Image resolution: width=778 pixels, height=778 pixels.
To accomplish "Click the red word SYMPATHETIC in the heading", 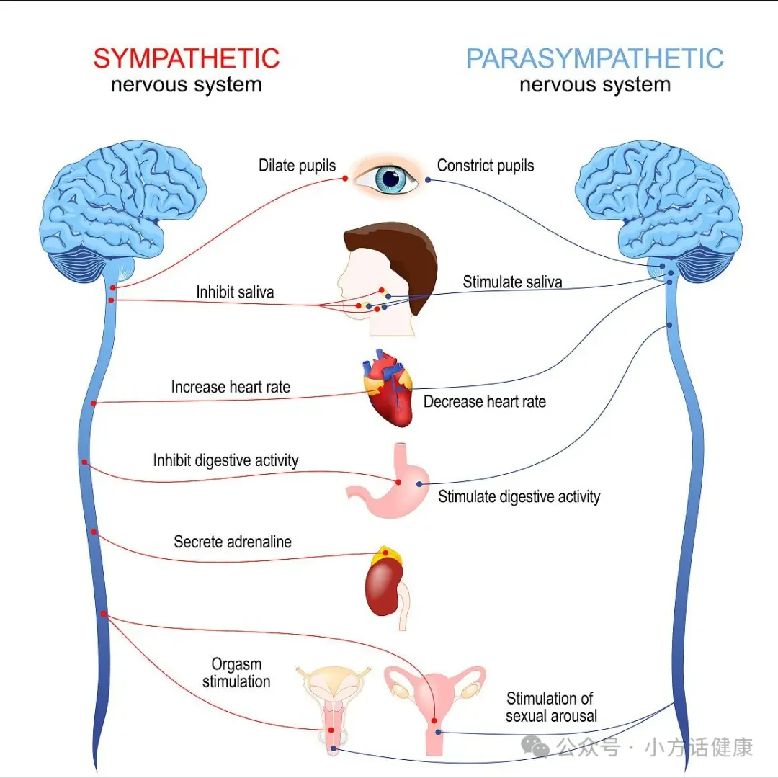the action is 187,58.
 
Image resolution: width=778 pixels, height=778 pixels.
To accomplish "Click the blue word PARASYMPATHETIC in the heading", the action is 595,58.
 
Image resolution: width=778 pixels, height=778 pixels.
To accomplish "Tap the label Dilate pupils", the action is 298,166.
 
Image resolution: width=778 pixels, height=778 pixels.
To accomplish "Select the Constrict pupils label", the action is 486,166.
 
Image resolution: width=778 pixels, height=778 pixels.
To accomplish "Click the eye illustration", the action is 387,178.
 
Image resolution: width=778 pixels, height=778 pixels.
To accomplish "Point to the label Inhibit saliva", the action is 235,292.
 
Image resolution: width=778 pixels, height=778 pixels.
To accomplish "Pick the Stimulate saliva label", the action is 513,282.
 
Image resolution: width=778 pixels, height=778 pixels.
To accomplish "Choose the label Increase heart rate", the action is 231,387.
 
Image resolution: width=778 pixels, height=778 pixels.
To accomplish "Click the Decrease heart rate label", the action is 484,401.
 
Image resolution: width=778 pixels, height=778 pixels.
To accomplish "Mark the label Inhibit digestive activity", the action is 225,460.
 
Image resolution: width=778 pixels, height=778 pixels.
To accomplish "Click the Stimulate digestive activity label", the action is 519,496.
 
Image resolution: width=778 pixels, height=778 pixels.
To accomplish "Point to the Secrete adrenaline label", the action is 233,542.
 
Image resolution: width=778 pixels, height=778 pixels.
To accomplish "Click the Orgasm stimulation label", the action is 236,673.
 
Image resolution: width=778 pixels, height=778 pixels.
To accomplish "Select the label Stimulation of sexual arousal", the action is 551,707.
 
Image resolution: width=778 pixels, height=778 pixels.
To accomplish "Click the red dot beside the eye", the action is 345,178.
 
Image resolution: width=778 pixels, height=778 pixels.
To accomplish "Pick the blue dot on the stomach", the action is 419,484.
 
